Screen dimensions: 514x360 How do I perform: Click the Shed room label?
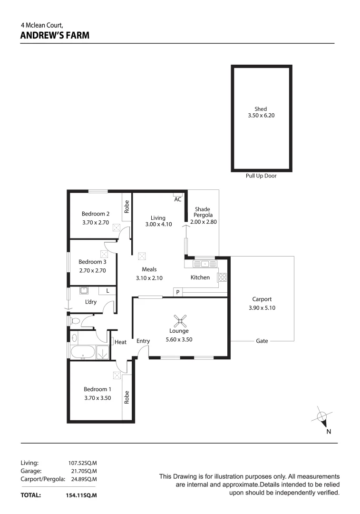261,109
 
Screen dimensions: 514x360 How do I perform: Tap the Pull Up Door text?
261,176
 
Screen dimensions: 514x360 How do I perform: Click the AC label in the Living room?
178,199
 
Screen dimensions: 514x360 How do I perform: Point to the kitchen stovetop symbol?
222,277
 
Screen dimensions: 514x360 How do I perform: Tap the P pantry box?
177,292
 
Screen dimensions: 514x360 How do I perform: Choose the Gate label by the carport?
262,341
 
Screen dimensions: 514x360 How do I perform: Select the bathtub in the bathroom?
83,353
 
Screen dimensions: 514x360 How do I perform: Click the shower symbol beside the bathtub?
102,353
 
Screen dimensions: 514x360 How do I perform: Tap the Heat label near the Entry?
120,342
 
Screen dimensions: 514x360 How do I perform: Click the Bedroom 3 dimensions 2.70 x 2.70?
92,270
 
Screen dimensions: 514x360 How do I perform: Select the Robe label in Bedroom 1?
126,397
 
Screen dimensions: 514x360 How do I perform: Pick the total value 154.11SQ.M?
81,495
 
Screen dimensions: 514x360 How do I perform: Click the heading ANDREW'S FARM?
55,35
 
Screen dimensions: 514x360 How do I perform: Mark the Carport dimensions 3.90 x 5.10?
262,308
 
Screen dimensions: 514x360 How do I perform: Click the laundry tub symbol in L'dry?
85,290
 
